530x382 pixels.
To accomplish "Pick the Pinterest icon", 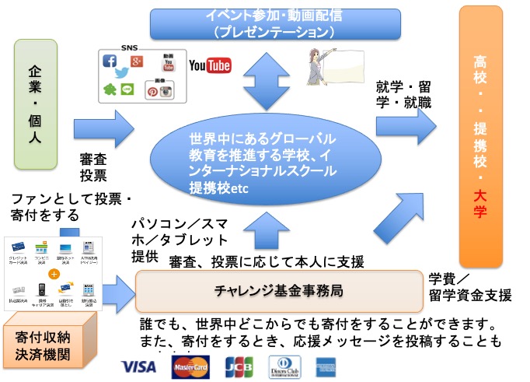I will (x=154, y=91).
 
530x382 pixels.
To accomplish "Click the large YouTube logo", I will (x=210, y=65).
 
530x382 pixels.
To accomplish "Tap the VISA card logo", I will (x=140, y=366).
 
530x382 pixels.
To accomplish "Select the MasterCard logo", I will (x=190, y=366).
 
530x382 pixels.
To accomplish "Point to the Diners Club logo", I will (x=284, y=366).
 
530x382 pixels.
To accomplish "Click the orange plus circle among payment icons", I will (x=54, y=275).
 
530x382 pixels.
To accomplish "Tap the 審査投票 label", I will (x=93, y=166).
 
